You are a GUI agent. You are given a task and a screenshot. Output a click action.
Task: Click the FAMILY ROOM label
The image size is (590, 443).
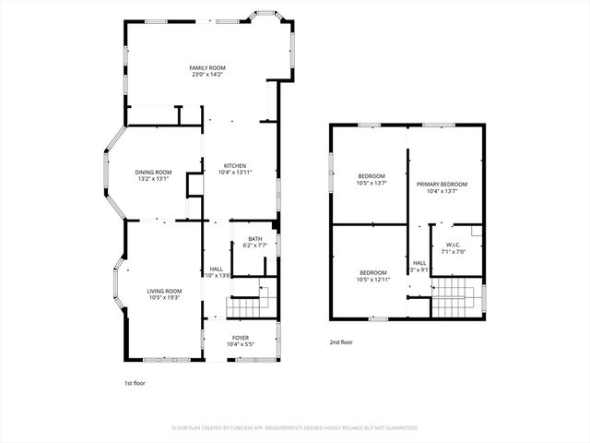(x=207, y=67)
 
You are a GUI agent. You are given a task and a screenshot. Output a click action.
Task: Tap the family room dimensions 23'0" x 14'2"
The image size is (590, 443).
(x=207, y=75)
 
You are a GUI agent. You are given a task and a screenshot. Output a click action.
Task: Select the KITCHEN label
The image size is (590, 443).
(x=234, y=166)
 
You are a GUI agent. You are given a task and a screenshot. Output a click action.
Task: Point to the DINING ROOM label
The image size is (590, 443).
(x=154, y=172)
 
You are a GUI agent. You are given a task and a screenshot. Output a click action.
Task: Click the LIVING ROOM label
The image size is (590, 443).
(x=164, y=291)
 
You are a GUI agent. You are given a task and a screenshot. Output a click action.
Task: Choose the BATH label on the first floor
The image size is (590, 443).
(x=254, y=239)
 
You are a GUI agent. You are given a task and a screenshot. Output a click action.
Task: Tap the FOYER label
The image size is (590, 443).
(x=240, y=338)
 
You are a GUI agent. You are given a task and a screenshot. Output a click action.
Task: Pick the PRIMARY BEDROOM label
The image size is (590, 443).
(x=442, y=185)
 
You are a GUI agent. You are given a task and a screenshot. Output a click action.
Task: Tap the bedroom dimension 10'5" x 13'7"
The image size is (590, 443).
(x=372, y=183)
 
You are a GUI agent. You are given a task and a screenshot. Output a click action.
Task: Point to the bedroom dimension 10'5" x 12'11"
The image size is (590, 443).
(x=373, y=279)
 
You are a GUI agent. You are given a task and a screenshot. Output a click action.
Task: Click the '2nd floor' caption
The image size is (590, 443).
(x=341, y=342)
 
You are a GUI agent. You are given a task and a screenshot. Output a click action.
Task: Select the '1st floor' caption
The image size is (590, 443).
(x=135, y=383)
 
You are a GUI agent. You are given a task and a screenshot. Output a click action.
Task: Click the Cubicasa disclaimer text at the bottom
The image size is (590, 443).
(x=295, y=428)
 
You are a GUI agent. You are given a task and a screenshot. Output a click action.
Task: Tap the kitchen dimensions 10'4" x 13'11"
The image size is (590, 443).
(x=234, y=173)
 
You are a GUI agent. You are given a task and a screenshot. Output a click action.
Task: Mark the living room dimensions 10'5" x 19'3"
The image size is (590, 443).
(x=164, y=298)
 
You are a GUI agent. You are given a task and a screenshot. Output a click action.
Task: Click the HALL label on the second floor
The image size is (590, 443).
(x=419, y=263)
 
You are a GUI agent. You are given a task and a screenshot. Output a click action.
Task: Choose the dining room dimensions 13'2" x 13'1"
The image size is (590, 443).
(x=154, y=179)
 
